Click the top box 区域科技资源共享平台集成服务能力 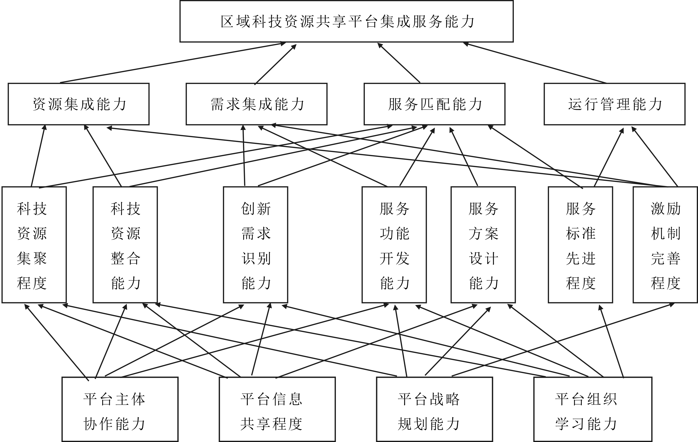click(346, 21)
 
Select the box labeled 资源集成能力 click(78, 104)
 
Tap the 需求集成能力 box click(256, 104)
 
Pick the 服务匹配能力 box click(435, 104)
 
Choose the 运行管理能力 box click(615, 104)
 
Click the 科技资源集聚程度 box click(34, 245)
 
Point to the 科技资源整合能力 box click(125, 245)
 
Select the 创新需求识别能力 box click(255, 245)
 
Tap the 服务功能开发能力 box click(394, 245)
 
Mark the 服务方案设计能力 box click(483, 245)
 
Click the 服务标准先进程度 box click(580, 245)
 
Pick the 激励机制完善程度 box click(665, 245)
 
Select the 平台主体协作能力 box click(120, 409)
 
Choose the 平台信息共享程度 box click(277, 409)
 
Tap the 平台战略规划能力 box click(435, 409)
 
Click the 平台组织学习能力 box click(593, 409)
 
